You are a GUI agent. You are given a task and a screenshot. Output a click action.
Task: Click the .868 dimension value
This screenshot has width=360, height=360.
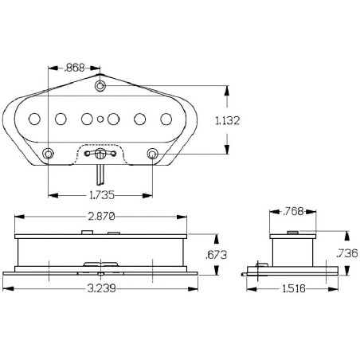pos(74,68)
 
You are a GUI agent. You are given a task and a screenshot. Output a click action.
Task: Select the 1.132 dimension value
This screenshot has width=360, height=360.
pos(228,120)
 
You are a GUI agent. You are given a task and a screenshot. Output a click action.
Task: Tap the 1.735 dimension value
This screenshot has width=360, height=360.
pos(102,195)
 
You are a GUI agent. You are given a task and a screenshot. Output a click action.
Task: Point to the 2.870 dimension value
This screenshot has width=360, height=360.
pos(102,217)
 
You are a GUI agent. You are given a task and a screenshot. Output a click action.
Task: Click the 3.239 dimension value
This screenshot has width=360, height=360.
pos(102,288)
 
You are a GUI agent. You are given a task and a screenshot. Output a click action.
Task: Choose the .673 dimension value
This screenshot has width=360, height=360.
pos(217,255)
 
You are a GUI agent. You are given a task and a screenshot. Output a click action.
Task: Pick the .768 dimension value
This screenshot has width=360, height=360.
pos(293,212)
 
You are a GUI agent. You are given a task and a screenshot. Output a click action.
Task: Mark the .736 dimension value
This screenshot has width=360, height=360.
pos(347,253)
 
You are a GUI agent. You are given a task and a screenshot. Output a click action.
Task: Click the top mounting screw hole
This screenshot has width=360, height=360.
pos(100,86)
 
